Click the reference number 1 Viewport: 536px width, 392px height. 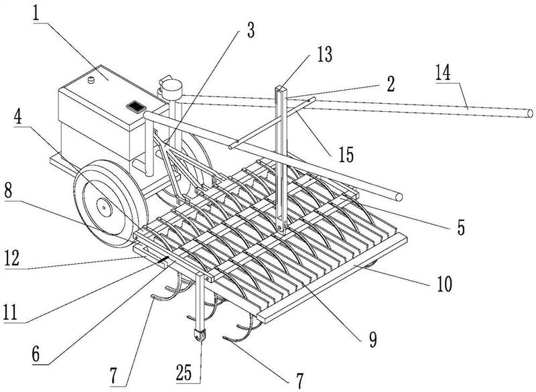[38, 13]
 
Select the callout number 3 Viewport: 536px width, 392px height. [251, 30]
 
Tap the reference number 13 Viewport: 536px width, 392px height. [324, 54]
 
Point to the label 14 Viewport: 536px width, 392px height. [444, 72]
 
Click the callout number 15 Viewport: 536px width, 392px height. [346, 154]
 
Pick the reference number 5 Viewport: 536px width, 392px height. [461, 227]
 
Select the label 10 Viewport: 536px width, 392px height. [444, 283]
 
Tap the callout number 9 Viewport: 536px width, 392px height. [373, 339]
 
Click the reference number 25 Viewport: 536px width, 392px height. [184, 372]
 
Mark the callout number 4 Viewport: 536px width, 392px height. [18, 117]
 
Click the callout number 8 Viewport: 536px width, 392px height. [8, 192]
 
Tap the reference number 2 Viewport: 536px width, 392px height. [391, 84]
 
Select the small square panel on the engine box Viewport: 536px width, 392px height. [137, 107]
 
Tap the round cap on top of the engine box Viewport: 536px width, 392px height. [91, 80]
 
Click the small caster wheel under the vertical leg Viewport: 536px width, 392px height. [200, 335]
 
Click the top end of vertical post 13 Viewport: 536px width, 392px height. [281, 89]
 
